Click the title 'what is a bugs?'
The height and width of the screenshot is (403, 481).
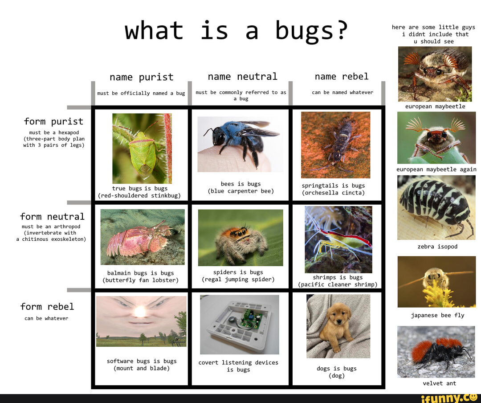(236, 31)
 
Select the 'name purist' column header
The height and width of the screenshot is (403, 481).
(141, 77)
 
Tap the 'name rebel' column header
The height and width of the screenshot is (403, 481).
(342, 76)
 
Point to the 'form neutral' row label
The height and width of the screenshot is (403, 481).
(52, 217)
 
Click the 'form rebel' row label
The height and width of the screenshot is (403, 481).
(47, 307)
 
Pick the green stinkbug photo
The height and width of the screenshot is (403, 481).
(142, 148)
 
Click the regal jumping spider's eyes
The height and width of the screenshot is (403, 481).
(240, 232)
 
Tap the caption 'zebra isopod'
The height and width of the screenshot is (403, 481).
(437, 247)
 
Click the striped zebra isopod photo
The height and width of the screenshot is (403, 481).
(436, 207)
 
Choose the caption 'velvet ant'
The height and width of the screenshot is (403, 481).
(439, 383)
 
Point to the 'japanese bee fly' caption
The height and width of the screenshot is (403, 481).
(437, 315)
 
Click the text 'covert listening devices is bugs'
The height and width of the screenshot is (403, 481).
(238, 366)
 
